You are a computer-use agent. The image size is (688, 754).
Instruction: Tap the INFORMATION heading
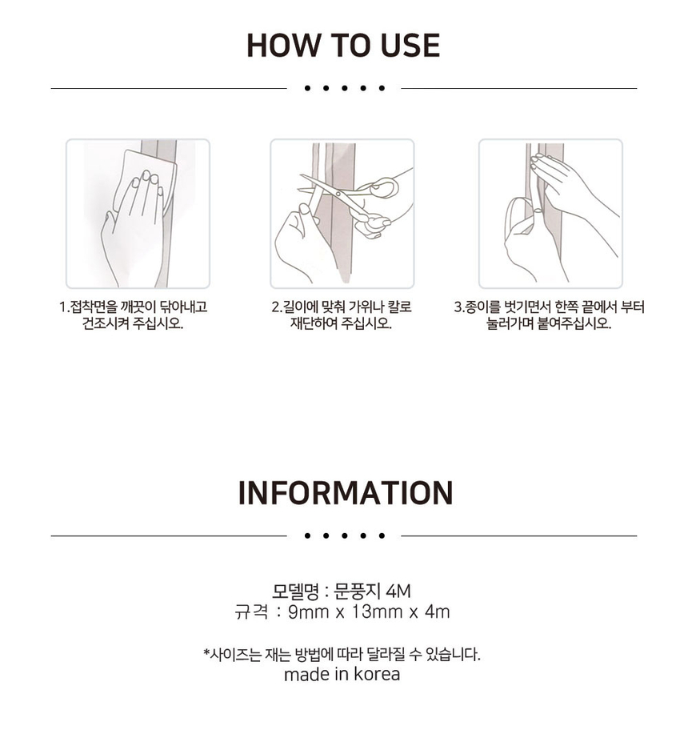coord(345,493)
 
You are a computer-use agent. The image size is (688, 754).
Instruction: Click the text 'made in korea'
coord(342,674)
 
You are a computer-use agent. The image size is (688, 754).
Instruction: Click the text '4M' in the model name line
coord(398,592)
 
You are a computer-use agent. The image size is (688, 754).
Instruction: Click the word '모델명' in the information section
coord(296,592)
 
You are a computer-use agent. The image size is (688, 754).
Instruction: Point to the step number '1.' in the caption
coord(64,307)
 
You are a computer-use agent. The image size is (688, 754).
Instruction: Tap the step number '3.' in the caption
coord(459,307)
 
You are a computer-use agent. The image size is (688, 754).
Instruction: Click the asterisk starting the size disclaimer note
coord(206,653)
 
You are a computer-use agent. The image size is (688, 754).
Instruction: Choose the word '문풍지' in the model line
coord(357,592)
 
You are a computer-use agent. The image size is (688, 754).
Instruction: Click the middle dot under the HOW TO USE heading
coord(344,88)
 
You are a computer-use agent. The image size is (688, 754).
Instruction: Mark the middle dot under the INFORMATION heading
coord(344,535)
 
